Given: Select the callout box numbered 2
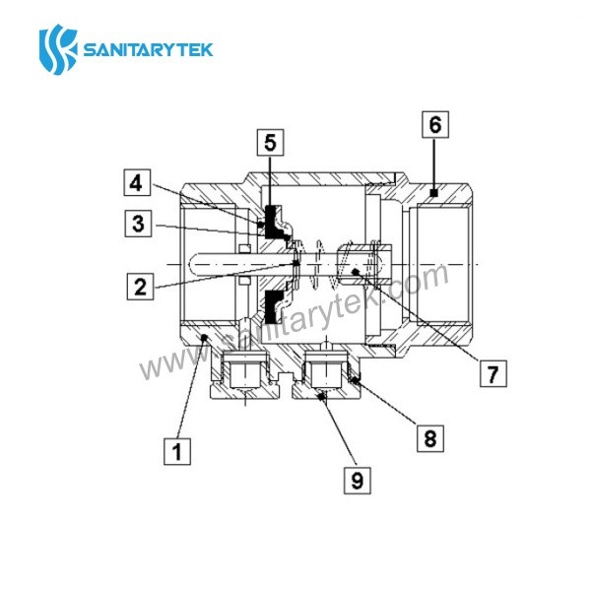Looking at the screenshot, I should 142,288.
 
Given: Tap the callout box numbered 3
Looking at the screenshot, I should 142,225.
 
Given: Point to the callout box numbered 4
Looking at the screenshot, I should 139,182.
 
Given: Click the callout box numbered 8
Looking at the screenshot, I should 428,436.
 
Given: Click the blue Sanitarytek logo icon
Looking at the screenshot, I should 57,48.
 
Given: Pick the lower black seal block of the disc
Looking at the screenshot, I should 268,310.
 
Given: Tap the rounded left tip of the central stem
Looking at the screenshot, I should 190,264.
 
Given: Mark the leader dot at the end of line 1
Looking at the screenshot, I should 203,337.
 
